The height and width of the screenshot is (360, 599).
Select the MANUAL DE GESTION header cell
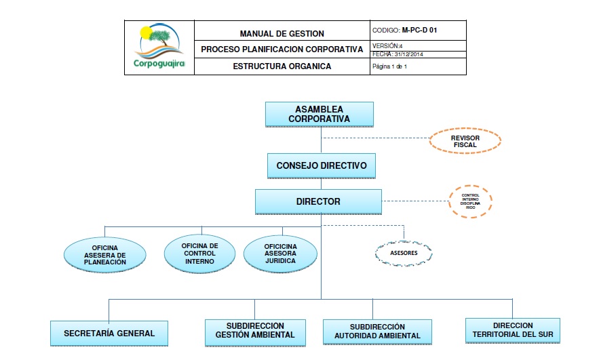282,33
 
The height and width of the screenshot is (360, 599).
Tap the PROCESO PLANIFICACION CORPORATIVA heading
282,49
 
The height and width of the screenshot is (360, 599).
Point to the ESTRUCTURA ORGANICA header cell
282,66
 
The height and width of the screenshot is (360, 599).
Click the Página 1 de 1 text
390,67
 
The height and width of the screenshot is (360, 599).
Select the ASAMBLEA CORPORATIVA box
319,114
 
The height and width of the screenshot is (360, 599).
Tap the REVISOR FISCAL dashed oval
465,141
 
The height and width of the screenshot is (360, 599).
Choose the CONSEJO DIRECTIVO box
322,165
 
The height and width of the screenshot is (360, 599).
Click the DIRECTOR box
318,201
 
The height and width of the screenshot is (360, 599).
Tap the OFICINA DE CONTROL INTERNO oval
199,254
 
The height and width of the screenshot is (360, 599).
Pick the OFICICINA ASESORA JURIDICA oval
280,253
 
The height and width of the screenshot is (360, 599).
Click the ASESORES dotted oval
404,253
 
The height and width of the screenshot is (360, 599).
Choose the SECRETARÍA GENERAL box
109,333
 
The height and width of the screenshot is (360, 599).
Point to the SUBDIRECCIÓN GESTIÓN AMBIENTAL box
255,331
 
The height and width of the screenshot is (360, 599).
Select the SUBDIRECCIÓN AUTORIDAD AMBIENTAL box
377,332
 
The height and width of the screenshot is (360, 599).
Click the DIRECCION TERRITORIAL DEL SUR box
513,330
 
